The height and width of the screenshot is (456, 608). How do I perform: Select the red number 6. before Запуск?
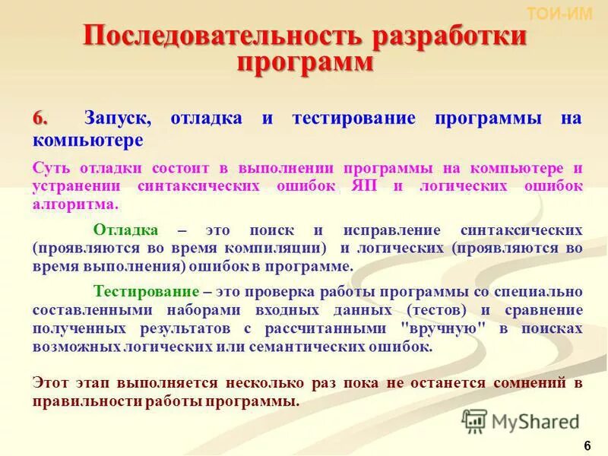coord(40,119)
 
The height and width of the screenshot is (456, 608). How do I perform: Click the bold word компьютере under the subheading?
coord(87,141)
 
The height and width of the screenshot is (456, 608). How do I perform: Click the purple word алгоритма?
coord(74,204)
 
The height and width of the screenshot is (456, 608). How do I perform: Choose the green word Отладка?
coord(125,230)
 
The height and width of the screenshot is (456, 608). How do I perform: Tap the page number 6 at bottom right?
coord(587,445)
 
